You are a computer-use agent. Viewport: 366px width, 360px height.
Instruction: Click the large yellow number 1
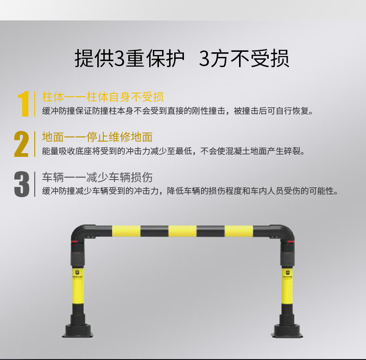click(23, 104)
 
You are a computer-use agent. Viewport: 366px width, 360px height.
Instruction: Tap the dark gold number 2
click(22, 144)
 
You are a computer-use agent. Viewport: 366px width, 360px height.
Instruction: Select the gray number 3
click(22, 184)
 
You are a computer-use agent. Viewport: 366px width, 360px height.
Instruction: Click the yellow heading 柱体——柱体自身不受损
click(103, 97)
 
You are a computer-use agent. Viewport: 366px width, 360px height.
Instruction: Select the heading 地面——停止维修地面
click(97, 137)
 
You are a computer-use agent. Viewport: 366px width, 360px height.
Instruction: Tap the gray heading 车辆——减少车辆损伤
click(97, 177)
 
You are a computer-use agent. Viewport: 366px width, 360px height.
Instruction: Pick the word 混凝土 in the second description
click(237, 151)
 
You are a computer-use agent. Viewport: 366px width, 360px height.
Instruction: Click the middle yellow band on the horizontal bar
click(182, 231)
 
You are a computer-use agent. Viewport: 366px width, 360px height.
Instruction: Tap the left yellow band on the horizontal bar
click(126, 231)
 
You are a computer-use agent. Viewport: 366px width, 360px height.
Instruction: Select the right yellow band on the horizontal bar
click(239, 231)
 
